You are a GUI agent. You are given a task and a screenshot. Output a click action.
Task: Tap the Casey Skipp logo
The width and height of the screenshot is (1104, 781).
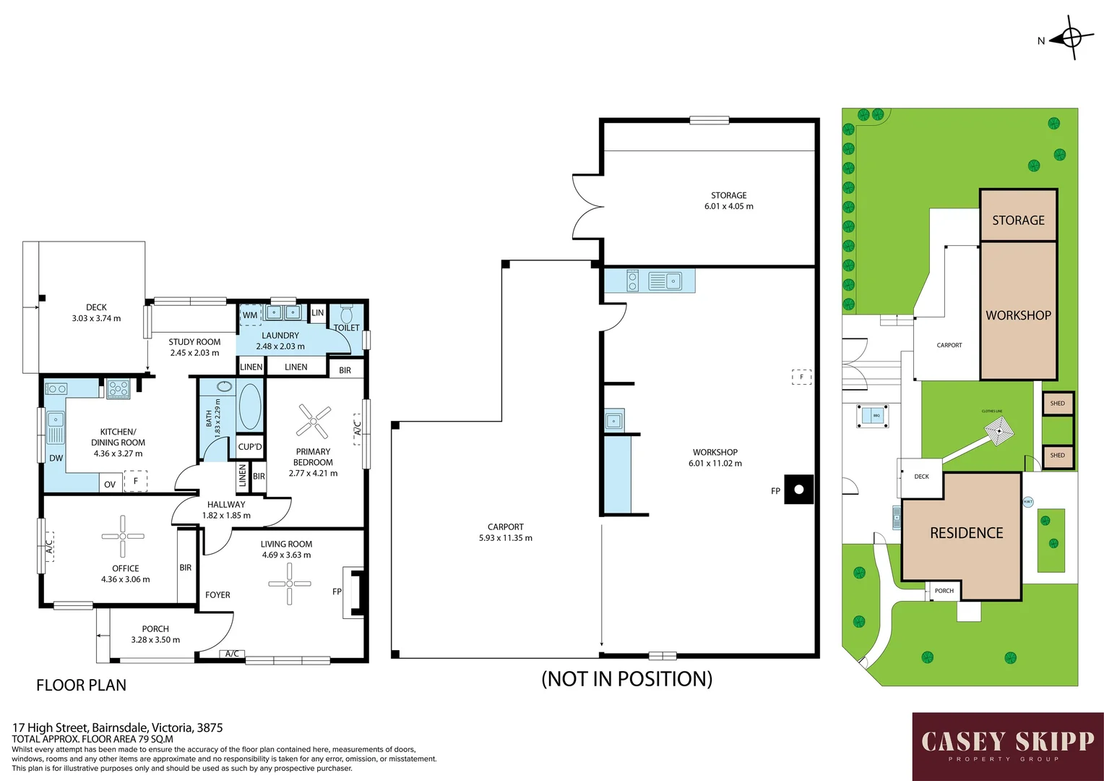pyautogui.click(x=1007, y=746)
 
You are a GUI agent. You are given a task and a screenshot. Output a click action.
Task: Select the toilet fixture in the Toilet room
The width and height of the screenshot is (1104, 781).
pyautogui.click(x=346, y=315)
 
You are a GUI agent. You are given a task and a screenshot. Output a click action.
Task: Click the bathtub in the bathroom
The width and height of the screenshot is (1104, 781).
pyautogui.click(x=250, y=406)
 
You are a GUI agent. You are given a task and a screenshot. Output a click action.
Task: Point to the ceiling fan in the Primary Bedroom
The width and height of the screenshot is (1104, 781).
pyautogui.click(x=314, y=421)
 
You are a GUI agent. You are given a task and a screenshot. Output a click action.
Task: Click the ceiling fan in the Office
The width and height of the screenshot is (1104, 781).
pyautogui.click(x=123, y=537)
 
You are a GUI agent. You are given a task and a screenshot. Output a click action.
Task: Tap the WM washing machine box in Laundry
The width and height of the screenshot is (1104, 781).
pyautogui.click(x=250, y=315)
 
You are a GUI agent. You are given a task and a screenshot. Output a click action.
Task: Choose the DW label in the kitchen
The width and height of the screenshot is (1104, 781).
pyautogui.click(x=56, y=458)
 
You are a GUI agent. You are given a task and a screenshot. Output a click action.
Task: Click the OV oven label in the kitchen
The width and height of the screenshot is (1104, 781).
pyautogui.click(x=110, y=485)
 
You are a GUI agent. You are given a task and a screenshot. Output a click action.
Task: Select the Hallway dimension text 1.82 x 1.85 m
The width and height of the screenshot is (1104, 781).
pyautogui.click(x=226, y=516)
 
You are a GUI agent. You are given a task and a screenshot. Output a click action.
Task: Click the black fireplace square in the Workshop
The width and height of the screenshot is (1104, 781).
pyautogui.click(x=798, y=490)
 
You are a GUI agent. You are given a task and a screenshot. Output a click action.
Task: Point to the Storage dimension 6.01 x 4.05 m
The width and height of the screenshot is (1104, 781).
pyautogui.click(x=728, y=206)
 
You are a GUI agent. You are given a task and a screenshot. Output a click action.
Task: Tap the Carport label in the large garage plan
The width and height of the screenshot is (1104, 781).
pyautogui.click(x=505, y=527)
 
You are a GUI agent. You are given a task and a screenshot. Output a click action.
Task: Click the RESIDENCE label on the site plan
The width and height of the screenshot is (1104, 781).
pyautogui.click(x=966, y=533)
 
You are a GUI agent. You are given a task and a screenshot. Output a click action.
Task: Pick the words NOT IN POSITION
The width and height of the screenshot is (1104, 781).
pyautogui.click(x=626, y=679)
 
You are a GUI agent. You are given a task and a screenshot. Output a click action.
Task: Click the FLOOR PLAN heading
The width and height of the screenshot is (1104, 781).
pyautogui.click(x=81, y=685)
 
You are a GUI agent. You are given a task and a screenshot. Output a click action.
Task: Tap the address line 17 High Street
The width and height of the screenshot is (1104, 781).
pyautogui.click(x=117, y=727)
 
